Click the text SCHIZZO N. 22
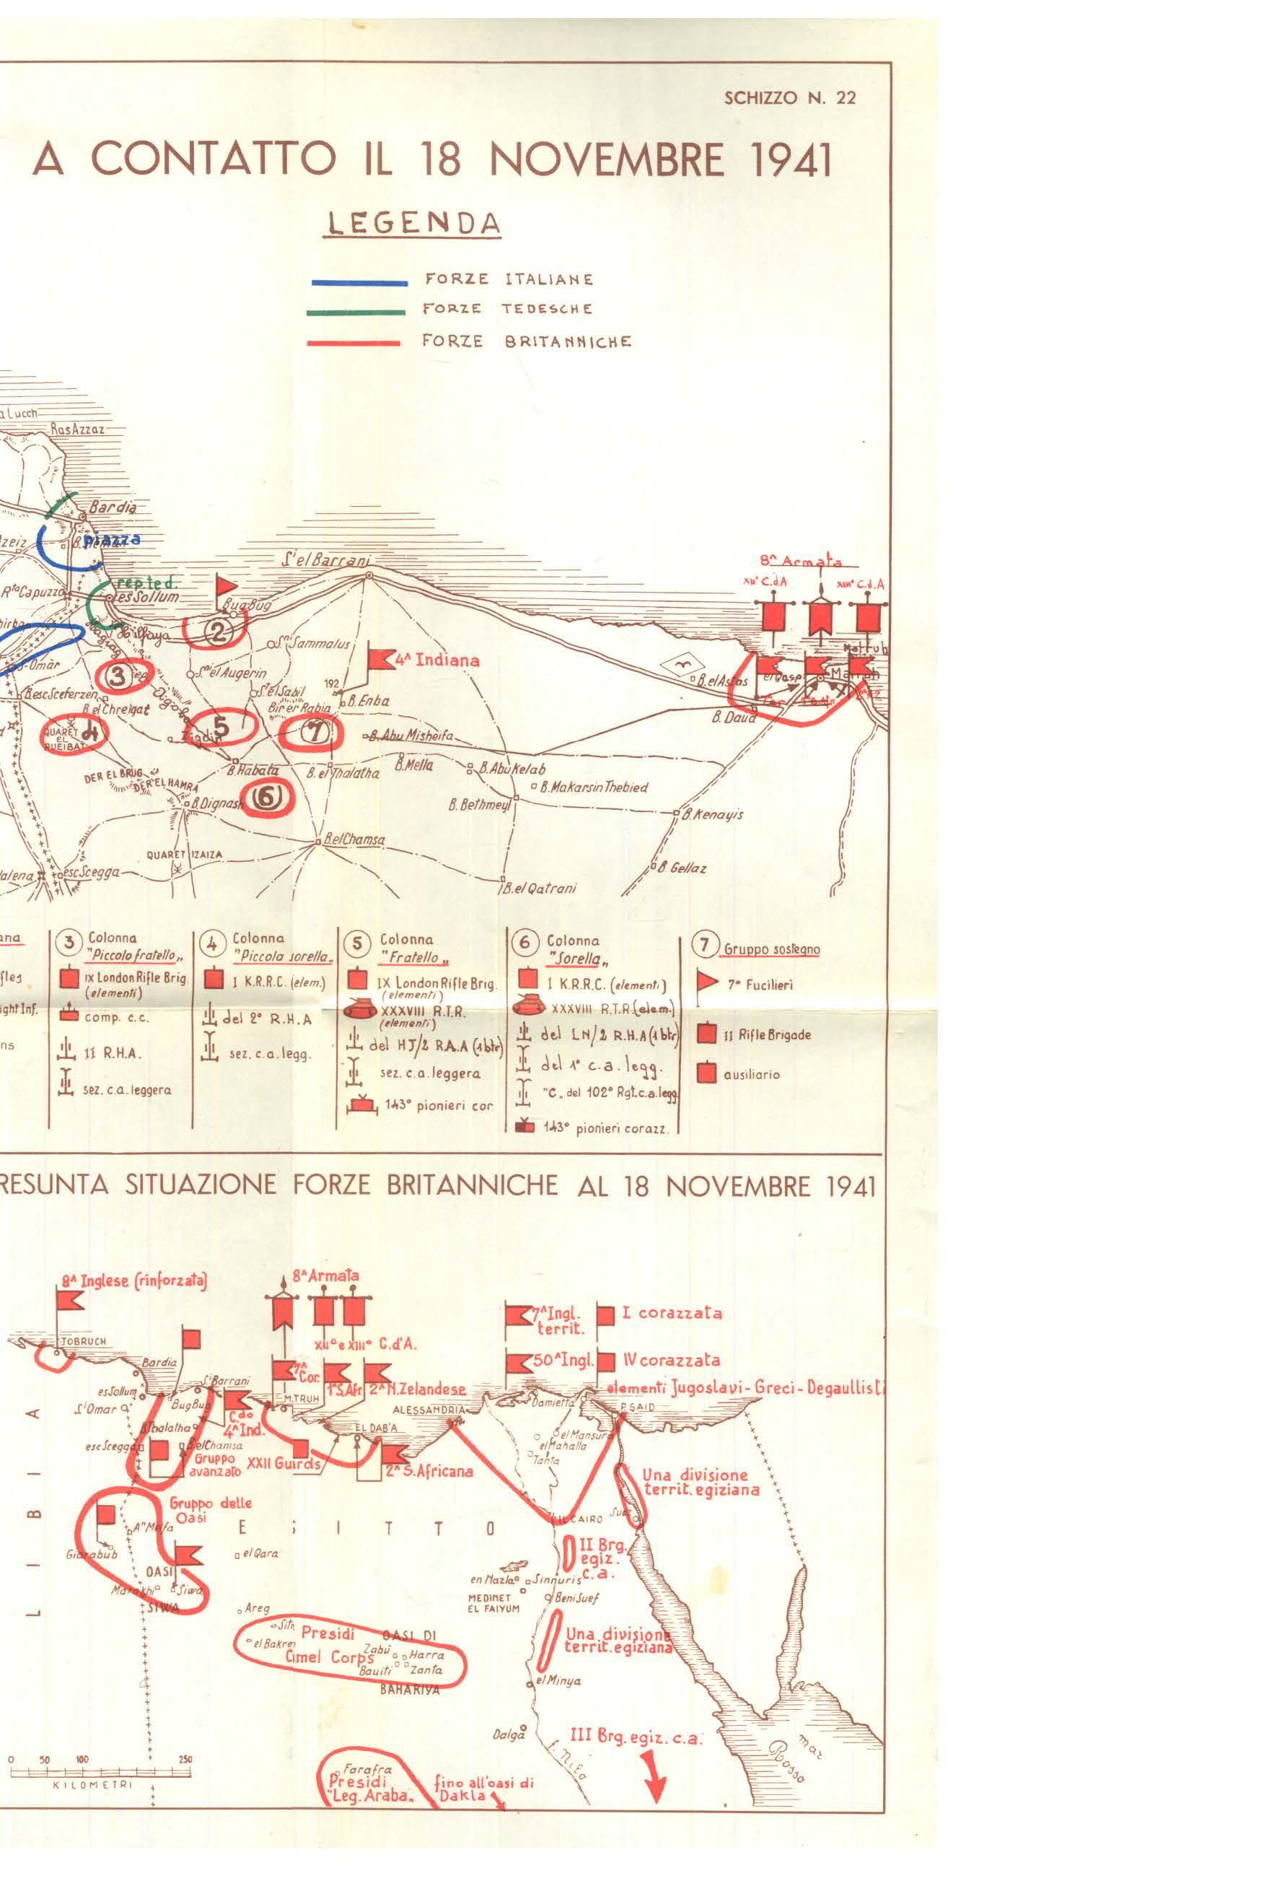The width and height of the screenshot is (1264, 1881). [789, 98]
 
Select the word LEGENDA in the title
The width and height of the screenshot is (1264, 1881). [411, 222]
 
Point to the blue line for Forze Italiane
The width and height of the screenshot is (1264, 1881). [359, 282]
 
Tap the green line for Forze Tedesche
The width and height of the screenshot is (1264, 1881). [356, 311]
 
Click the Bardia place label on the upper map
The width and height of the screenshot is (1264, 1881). [112, 508]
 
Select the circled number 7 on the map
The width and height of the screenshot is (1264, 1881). [315, 732]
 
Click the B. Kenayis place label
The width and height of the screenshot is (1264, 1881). [713, 814]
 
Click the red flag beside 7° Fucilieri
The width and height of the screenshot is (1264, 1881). [707, 983]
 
